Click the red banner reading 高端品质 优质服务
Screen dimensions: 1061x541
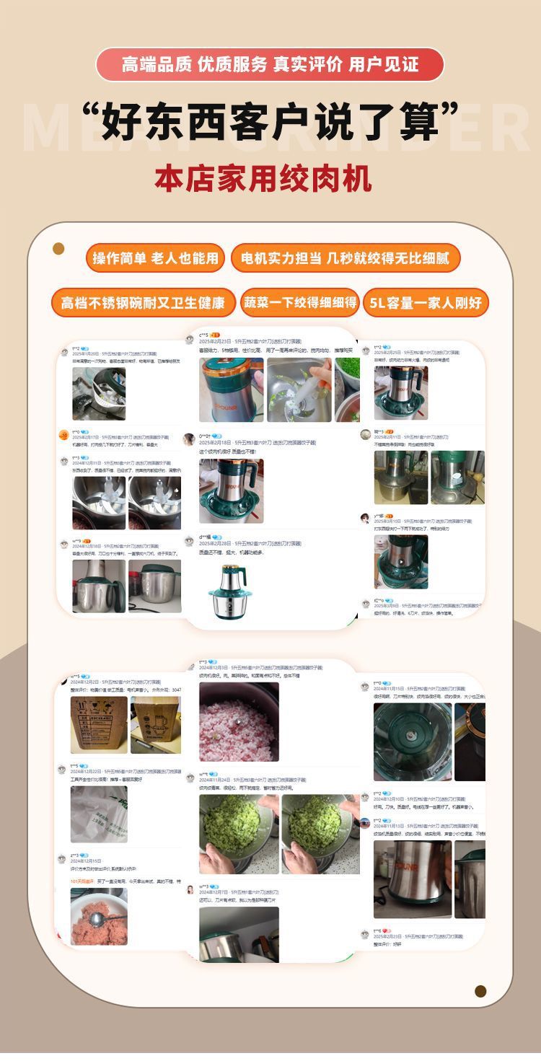click(270, 64)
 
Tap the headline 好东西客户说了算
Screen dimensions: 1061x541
click(270, 120)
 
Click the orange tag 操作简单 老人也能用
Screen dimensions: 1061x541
click(155, 258)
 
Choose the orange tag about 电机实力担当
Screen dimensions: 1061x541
click(345, 258)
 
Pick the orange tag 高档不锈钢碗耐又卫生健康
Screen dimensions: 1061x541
click(143, 302)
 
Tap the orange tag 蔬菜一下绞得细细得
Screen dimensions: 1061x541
click(299, 302)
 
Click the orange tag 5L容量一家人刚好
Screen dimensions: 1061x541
click(426, 302)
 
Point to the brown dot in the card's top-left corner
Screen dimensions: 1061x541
click(58, 249)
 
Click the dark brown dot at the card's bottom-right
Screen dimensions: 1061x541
click(480, 990)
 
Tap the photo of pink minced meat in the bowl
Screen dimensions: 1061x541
click(239, 721)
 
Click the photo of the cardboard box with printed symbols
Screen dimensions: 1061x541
click(99, 725)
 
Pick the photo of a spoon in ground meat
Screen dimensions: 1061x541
click(99, 916)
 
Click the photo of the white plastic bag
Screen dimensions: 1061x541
click(99, 814)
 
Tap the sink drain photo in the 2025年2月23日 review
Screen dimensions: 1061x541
click(299, 389)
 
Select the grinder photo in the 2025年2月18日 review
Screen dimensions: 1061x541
click(231, 490)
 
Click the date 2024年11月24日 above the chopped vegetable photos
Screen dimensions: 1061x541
click(214, 780)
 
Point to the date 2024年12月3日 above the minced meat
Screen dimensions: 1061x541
click(214, 668)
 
